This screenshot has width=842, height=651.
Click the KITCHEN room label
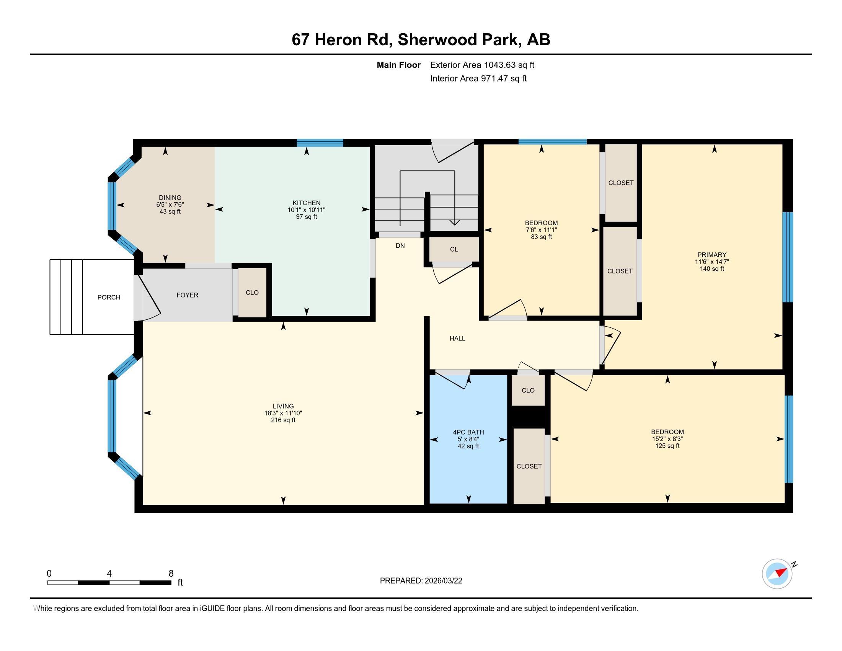click(x=307, y=203)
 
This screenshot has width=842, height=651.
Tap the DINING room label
click(x=170, y=198)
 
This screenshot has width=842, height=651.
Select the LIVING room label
click(x=283, y=406)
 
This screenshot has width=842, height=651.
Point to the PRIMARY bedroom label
click(x=712, y=255)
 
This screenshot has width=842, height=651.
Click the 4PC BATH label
click(x=468, y=432)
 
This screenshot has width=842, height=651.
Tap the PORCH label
click(x=109, y=297)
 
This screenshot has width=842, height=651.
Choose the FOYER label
click(x=188, y=295)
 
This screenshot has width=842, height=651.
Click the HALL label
click(x=457, y=339)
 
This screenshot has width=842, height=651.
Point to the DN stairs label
click(x=400, y=246)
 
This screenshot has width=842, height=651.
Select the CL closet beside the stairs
click(x=454, y=250)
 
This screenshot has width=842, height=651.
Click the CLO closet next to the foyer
click(x=252, y=293)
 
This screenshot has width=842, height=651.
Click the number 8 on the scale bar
click(x=171, y=574)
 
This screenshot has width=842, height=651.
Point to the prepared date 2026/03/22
click(x=442, y=581)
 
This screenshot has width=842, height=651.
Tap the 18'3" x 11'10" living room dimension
click(x=283, y=413)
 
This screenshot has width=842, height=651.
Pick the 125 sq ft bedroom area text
click(x=667, y=446)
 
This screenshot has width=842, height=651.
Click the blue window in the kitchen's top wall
click(x=320, y=143)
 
